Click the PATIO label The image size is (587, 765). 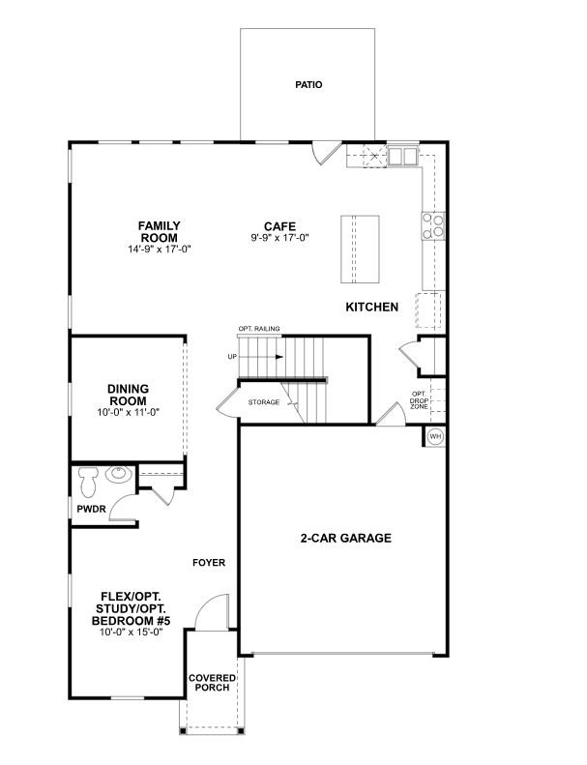pos(308,85)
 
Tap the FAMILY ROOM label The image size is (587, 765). pos(159,232)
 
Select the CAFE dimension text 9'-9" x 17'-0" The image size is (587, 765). pos(280,238)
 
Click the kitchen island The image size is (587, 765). pos(360,249)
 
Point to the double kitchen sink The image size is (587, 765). pos(403,156)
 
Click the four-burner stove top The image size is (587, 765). pos(433,226)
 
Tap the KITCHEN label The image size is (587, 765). pos(371,307)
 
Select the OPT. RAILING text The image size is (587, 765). pos(259,329)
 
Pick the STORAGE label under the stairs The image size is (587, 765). pos(264,402)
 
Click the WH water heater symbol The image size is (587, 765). pos(435,436)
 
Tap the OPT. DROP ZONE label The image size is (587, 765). pos(419,400)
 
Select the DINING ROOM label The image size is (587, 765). pos(128,395)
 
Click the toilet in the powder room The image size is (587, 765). pos(88,480)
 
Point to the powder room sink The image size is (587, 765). pos(118,474)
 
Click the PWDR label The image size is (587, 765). pos(91,510)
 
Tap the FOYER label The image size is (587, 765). pos(209,563)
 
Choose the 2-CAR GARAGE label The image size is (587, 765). pos(346,538)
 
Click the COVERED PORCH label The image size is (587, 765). pos(212,683)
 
